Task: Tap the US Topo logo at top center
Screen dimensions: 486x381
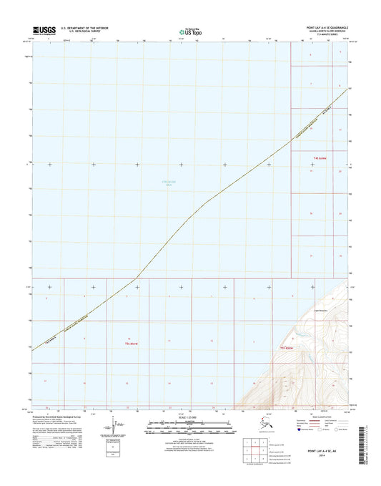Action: point(184,30)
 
